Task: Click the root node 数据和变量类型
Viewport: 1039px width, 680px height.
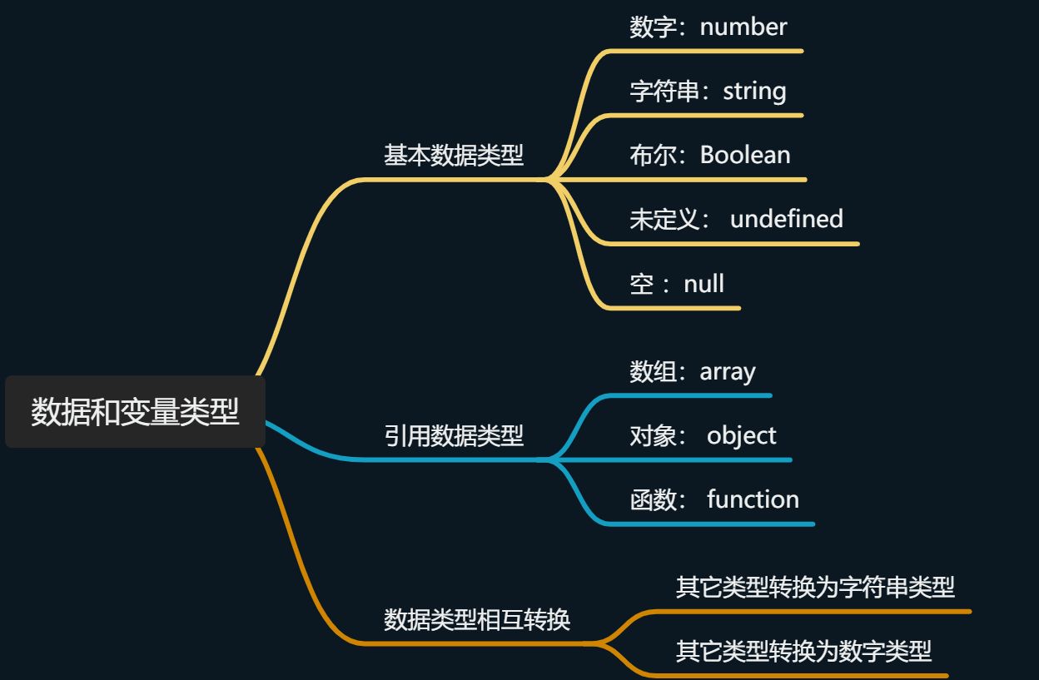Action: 135,412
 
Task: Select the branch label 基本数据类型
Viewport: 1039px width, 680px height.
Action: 454,155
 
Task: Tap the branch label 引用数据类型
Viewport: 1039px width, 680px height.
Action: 454,435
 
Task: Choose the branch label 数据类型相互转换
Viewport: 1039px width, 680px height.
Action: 477,620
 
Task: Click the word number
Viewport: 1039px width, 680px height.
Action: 743,27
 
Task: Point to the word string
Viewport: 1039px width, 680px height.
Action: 754,91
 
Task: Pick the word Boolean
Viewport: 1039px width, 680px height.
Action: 745,155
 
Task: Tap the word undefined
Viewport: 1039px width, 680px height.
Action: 786,219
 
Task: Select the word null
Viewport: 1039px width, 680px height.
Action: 703,284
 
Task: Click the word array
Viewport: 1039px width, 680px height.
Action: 728,371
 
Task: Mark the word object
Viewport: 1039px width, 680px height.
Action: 741,435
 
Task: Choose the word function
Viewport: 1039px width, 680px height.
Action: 753,499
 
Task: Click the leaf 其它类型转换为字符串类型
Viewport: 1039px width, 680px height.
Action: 815,588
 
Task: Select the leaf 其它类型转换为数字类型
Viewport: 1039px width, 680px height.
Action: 803,651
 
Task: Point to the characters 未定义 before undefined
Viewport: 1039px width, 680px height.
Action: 664,219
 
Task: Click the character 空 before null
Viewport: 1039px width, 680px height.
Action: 642,284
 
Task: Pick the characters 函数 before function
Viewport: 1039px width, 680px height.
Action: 654,499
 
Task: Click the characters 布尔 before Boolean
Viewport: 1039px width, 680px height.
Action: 654,155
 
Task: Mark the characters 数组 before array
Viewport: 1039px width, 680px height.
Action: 654,371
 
